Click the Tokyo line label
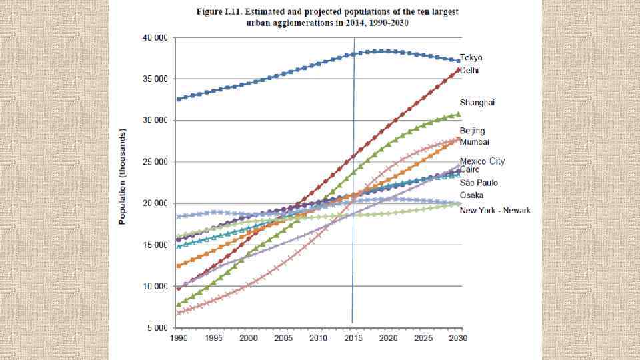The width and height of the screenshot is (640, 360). pyautogui.click(x=471, y=58)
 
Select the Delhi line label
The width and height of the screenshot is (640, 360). pyautogui.click(x=470, y=70)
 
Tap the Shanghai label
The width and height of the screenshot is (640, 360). pyautogui.click(x=477, y=103)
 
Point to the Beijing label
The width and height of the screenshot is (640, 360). pyautogui.click(x=472, y=131)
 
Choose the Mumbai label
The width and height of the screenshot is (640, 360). pyautogui.click(x=475, y=142)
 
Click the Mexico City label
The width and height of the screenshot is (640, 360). pyautogui.click(x=482, y=161)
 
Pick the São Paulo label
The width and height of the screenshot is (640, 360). pyautogui.click(x=479, y=183)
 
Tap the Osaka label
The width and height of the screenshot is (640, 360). pyautogui.click(x=472, y=195)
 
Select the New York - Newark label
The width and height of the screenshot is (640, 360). pyautogui.click(x=495, y=211)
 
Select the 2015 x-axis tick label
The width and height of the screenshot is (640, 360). pyautogui.click(x=353, y=339)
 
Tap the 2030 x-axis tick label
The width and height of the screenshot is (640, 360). pyautogui.click(x=458, y=339)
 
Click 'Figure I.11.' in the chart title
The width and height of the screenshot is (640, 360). pyautogui.click(x=219, y=12)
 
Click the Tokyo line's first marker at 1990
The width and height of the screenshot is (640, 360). pyautogui.click(x=177, y=99)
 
